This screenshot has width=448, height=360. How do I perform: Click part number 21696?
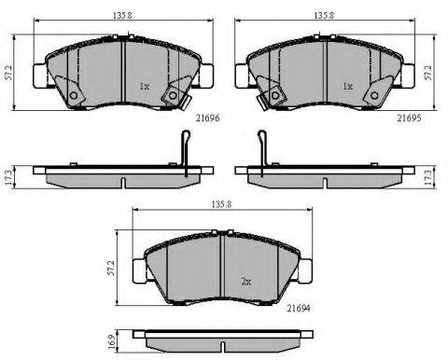tap(207, 118)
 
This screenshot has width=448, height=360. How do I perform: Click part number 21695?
tap(409, 118)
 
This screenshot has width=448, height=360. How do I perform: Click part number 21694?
tap(299, 308)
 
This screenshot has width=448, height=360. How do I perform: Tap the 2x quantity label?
tap(246, 282)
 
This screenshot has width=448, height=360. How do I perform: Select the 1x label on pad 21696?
tap(145, 86)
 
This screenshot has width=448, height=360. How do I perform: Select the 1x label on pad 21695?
tap(348, 86)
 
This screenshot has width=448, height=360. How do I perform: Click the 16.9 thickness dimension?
tap(114, 341)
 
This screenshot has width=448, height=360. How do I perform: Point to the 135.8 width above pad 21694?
tap(222, 204)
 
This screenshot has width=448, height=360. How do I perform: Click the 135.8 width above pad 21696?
tap(122, 16)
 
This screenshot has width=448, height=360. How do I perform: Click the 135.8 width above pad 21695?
tap(324, 16)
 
